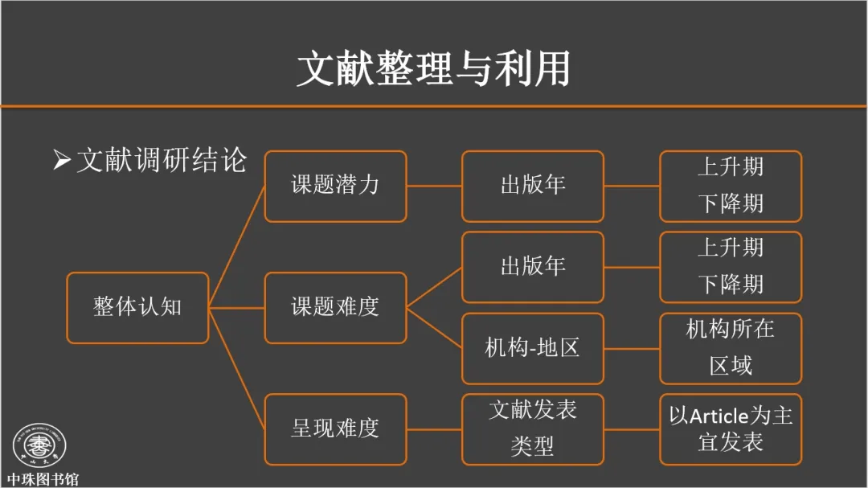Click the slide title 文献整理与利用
(x=433, y=69)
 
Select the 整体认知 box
(x=137, y=307)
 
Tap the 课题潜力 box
(x=335, y=186)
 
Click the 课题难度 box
(x=335, y=307)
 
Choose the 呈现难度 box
(x=335, y=429)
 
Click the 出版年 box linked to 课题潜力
(x=532, y=186)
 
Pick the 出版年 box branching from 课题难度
(x=532, y=267)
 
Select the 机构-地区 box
(x=532, y=348)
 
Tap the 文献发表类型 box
(x=532, y=429)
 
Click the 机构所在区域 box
(x=730, y=348)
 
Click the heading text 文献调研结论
(x=161, y=160)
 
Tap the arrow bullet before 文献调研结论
(x=62, y=160)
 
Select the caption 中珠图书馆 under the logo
(x=43, y=480)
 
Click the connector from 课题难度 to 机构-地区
(x=434, y=328)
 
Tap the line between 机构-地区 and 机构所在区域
(x=631, y=348)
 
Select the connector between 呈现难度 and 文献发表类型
(x=434, y=429)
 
